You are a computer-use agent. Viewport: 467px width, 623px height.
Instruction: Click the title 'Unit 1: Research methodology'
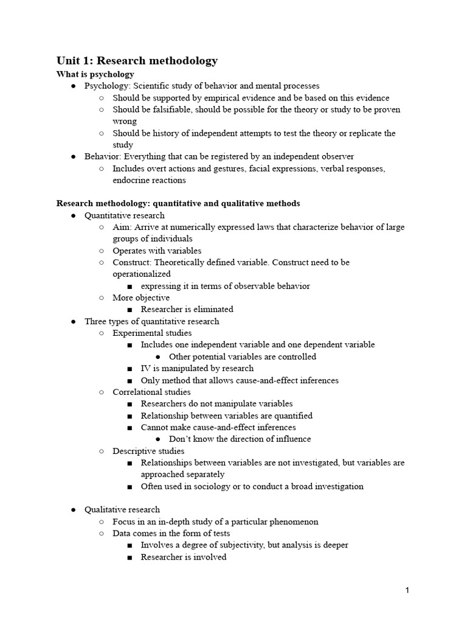point(137,60)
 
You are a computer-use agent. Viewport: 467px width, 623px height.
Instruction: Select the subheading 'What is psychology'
point(95,74)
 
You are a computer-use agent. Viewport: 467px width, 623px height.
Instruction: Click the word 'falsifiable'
point(164,110)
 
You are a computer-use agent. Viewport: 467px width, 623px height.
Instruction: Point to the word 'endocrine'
point(132,180)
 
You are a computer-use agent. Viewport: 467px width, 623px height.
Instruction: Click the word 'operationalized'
point(142,274)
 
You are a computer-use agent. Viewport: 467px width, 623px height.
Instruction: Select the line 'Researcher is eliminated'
point(187,309)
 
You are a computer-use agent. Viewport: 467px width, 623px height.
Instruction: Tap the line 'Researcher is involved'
point(183,557)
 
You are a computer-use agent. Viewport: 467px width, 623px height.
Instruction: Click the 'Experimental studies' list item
point(152,333)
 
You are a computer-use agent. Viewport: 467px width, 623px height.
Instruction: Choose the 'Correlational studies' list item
point(151,392)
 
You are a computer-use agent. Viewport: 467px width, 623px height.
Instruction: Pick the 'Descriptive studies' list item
point(148,451)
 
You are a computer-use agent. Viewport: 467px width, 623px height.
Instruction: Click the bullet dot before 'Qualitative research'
point(73,510)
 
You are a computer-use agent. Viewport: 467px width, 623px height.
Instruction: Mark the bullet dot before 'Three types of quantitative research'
point(73,321)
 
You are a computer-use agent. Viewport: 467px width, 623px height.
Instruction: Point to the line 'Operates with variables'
point(157,250)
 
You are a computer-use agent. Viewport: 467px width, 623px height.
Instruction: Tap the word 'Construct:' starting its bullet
point(132,262)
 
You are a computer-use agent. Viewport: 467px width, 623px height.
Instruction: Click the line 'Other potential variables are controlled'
point(242,357)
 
